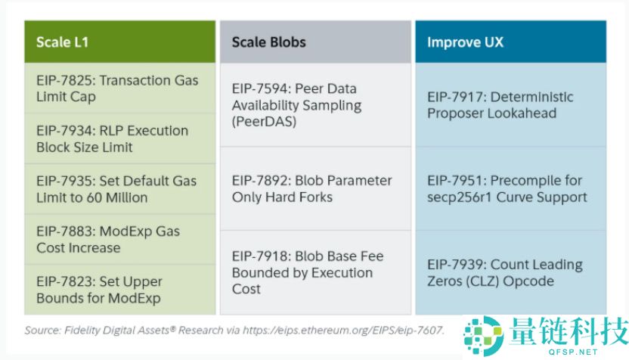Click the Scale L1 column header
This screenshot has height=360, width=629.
point(120,42)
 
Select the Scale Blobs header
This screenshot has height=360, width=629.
point(315,42)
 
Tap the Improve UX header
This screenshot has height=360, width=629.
point(510,42)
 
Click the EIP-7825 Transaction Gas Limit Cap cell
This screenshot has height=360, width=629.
point(120,88)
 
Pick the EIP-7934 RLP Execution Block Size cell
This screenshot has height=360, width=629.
point(120,139)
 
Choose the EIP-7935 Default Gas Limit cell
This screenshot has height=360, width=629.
point(120,189)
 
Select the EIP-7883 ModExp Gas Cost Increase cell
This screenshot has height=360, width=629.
point(120,239)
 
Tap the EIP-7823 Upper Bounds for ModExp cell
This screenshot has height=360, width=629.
point(120,290)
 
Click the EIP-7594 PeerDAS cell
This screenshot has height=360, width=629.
point(315,105)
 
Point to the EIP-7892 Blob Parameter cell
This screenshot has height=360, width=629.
point(315,188)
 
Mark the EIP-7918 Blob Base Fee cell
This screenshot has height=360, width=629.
point(315,272)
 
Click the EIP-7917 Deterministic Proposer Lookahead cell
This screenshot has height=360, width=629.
point(510,105)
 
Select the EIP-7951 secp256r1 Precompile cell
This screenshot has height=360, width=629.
point(510,188)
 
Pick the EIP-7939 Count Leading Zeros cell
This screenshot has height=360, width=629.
point(510,272)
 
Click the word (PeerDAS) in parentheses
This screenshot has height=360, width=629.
point(264,122)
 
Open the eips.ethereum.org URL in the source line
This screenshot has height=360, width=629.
point(343,331)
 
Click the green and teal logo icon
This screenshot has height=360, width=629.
point(483,336)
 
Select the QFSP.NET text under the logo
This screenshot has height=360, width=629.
point(573,352)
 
